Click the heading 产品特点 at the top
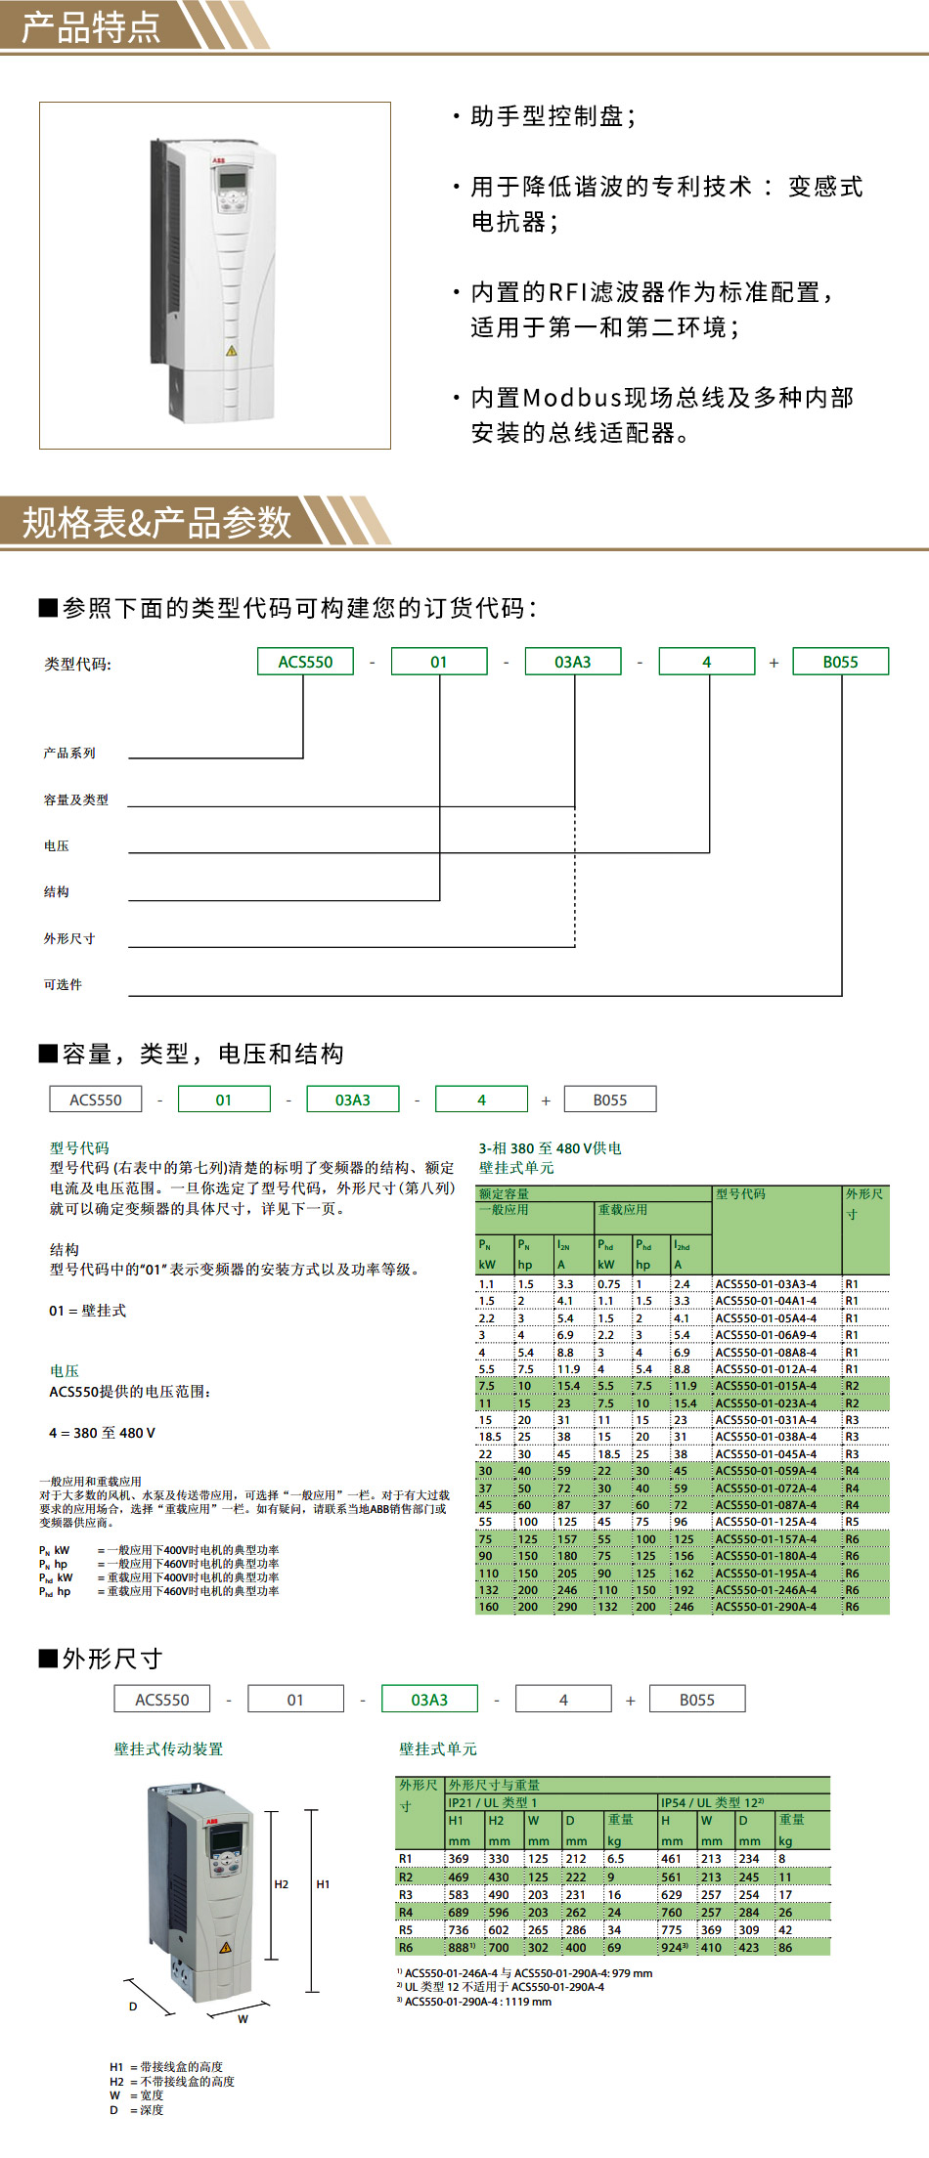(x=91, y=26)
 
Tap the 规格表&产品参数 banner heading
(x=156, y=522)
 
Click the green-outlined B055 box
(x=840, y=662)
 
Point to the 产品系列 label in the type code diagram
(x=69, y=753)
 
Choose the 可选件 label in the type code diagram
(x=63, y=984)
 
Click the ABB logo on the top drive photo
(x=218, y=159)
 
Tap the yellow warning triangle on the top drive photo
(x=232, y=350)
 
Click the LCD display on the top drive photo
(x=232, y=179)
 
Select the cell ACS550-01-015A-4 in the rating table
(x=766, y=1386)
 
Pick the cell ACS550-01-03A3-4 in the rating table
(x=766, y=1284)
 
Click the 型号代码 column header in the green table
(x=740, y=1194)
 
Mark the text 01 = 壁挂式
(x=87, y=1311)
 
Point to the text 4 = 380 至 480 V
(x=102, y=1433)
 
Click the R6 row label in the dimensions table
(x=406, y=1948)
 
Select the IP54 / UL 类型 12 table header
(x=712, y=1802)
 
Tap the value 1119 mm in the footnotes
(x=532, y=2002)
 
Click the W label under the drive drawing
(x=243, y=2019)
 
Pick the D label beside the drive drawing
(x=133, y=2007)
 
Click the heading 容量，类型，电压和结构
(x=203, y=1054)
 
